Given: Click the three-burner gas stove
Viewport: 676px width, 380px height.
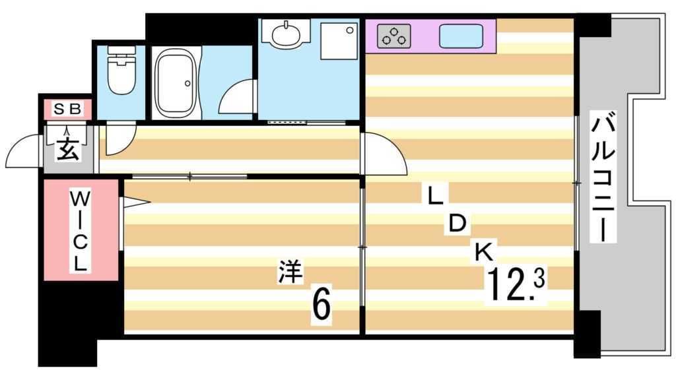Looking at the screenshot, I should click(393, 36).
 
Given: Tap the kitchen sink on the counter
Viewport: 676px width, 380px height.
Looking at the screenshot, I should click(460, 36).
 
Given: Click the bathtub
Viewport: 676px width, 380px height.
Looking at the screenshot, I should click(175, 85).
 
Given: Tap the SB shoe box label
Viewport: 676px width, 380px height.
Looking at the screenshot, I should click(67, 110).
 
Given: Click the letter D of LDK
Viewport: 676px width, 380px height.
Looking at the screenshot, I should click(457, 224).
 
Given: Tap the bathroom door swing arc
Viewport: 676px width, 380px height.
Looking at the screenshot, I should click(235, 99).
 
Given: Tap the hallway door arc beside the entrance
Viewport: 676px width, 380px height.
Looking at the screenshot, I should click(120, 140).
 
